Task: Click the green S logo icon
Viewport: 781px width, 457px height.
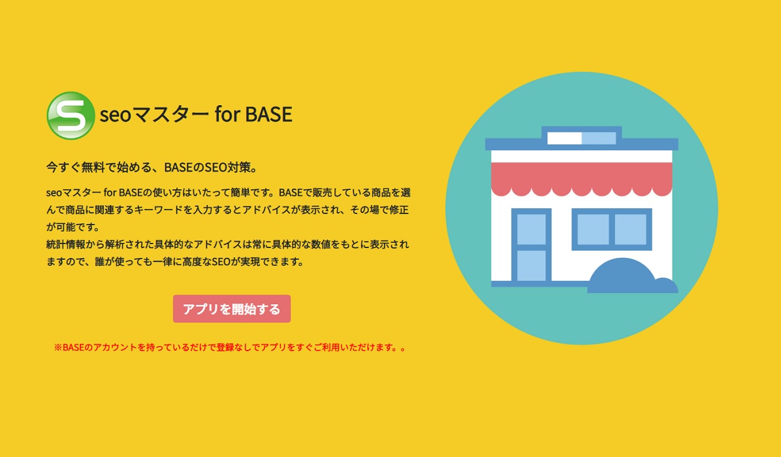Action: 71,116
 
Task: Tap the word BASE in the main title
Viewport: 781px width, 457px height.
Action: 268,114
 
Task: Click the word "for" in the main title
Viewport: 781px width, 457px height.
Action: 227,114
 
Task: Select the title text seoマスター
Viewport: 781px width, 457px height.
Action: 154,114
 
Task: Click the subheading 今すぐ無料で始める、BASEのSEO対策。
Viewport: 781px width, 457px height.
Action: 152,167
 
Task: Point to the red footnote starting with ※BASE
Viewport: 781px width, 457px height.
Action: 231,347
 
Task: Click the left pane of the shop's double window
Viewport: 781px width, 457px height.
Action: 593,230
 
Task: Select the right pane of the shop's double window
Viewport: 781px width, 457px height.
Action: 631,230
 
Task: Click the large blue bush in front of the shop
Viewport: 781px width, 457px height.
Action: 622,276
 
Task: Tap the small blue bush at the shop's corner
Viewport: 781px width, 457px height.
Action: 665,285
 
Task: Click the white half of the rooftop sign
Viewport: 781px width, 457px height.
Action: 564,138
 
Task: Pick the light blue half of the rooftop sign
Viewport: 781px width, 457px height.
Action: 599,138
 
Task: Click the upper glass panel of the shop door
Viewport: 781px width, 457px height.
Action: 532,229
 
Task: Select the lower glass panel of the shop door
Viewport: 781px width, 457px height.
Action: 532,265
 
